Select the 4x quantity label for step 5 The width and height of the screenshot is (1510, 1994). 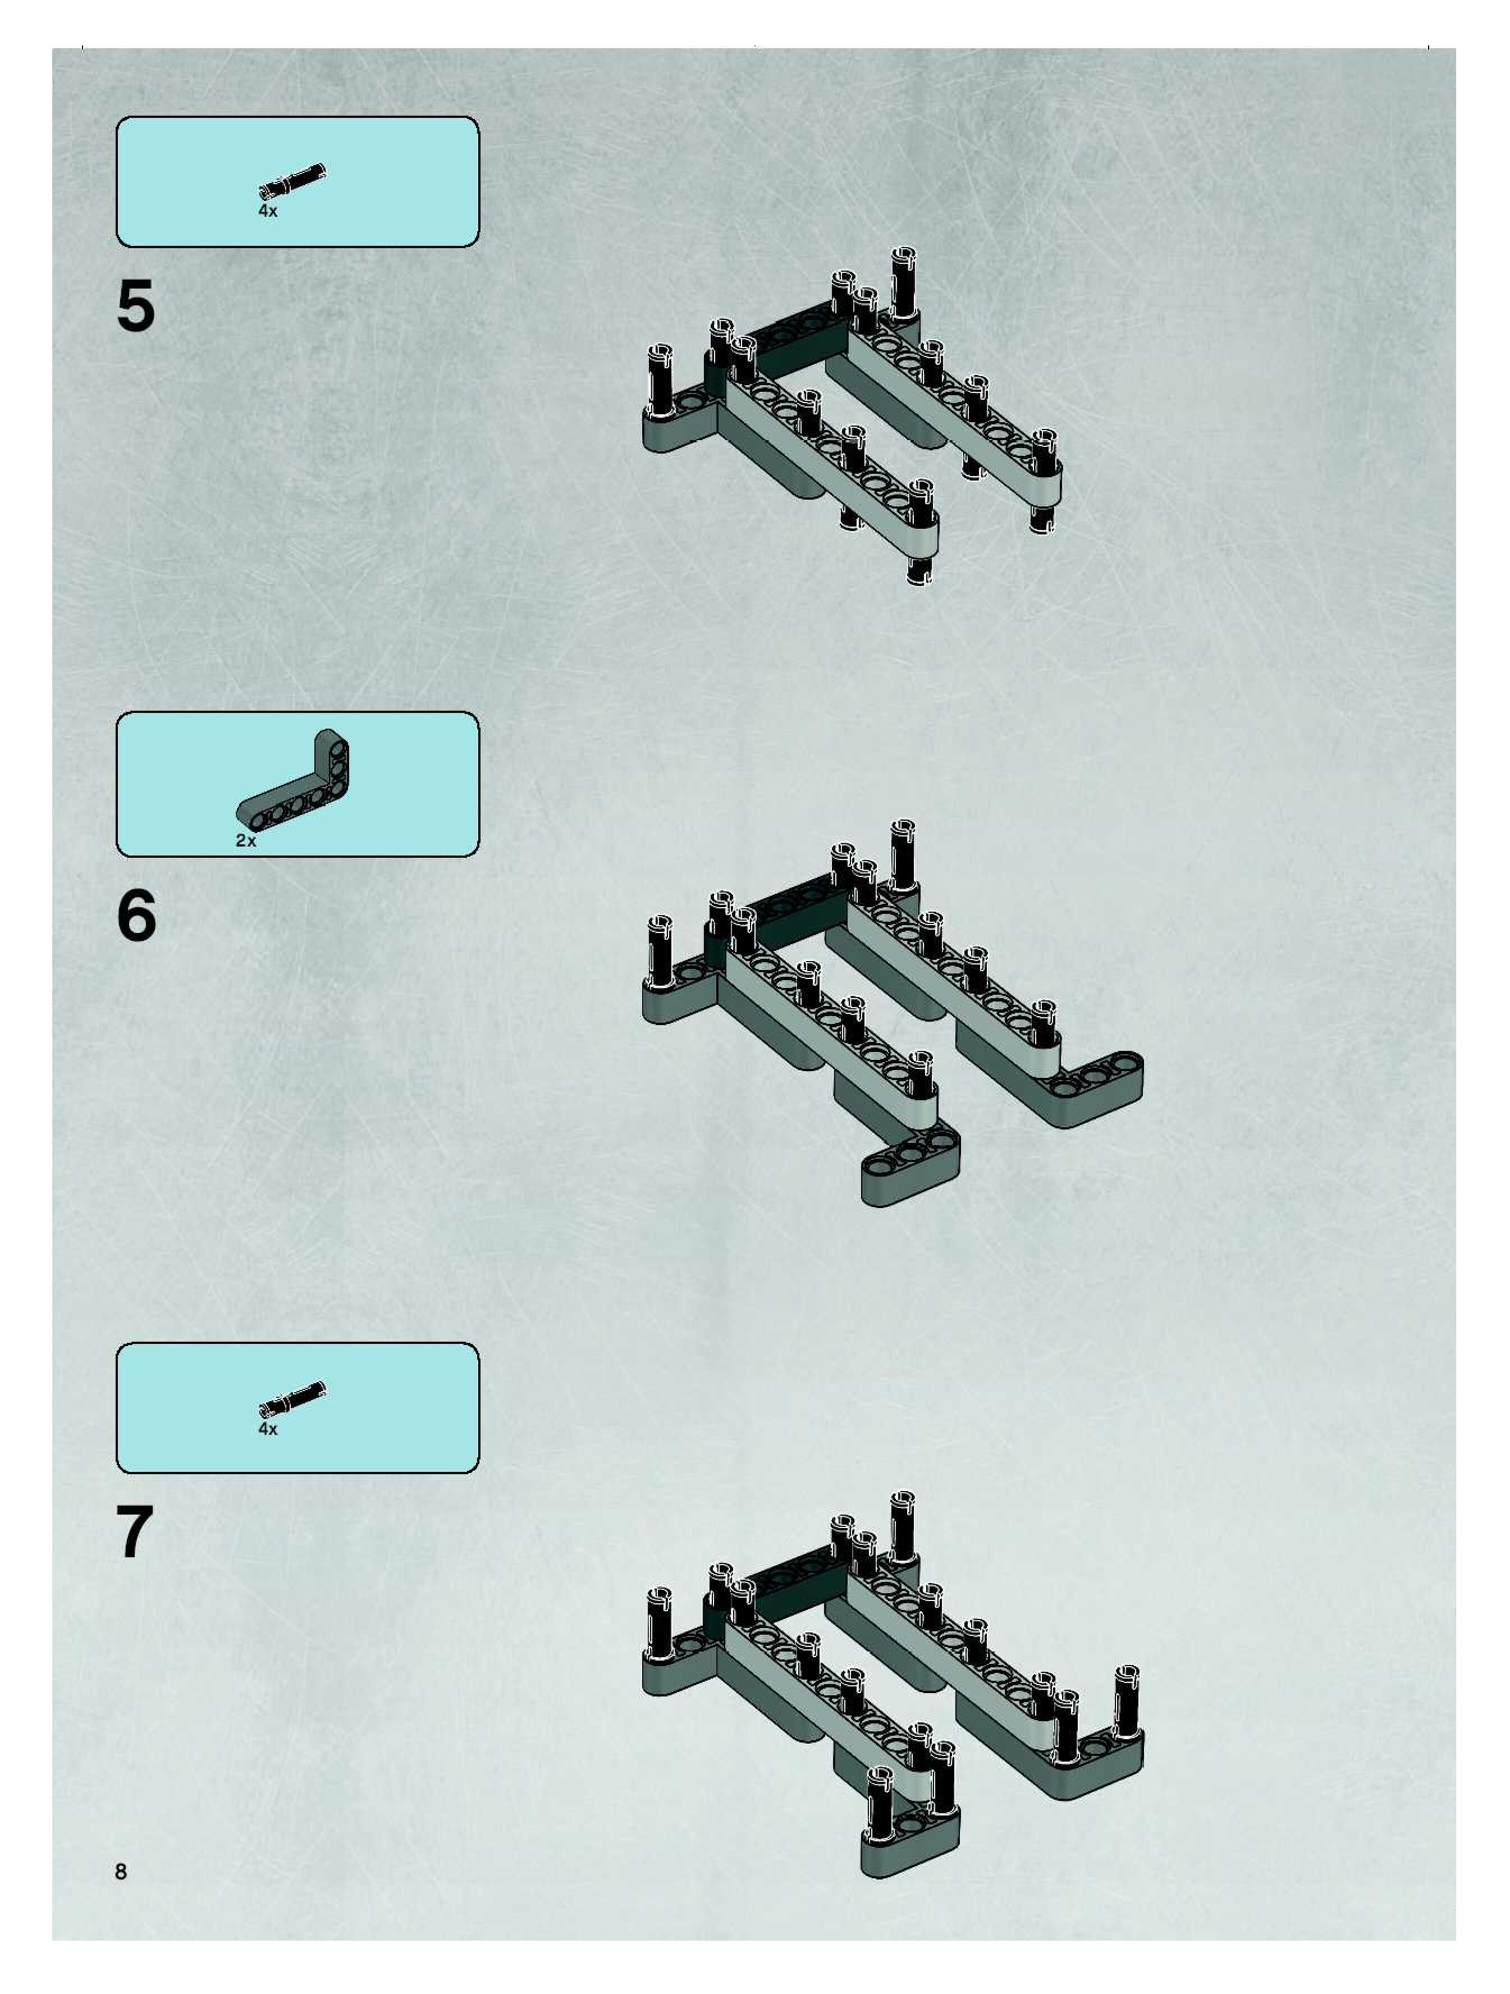point(268,211)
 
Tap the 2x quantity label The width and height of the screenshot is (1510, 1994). point(246,840)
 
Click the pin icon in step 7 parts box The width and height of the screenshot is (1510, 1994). point(291,1398)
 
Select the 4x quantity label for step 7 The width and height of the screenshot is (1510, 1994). point(268,1429)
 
